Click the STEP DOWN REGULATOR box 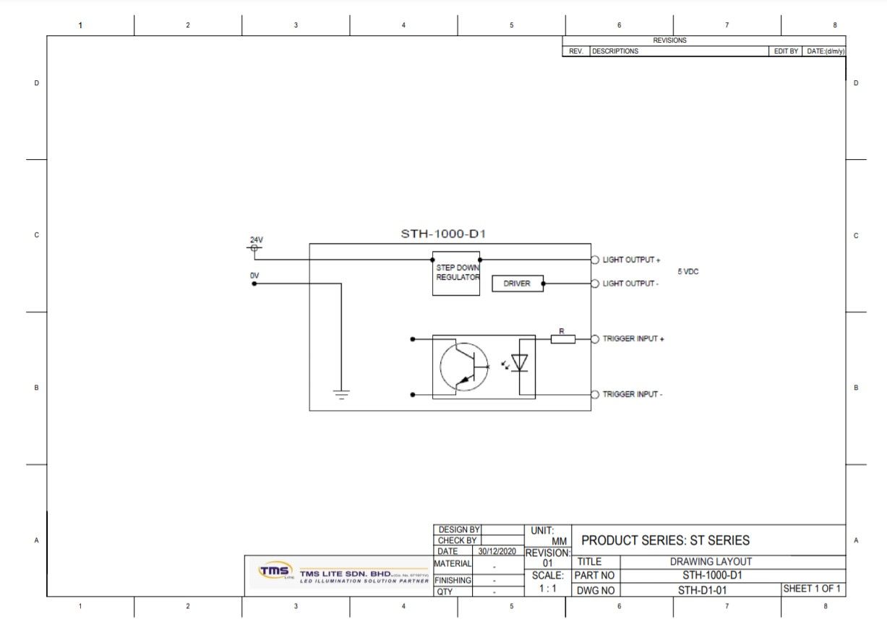click(x=456, y=273)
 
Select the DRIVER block click(x=517, y=283)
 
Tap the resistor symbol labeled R click(x=562, y=338)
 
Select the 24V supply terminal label click(x=257, y=240)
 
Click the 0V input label click(x=254, y=276)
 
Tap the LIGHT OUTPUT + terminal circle click(x=595, y=260)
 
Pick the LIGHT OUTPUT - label click(x=630, y=284)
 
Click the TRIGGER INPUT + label click(x=633, y=339)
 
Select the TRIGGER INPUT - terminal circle click(x=595, y=394)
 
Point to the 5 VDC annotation click(x=687, y=272)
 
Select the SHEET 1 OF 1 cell click(x=813, y=589)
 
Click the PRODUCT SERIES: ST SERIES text click(x=665, y=540)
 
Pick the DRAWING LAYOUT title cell click(x=711, y=562)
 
